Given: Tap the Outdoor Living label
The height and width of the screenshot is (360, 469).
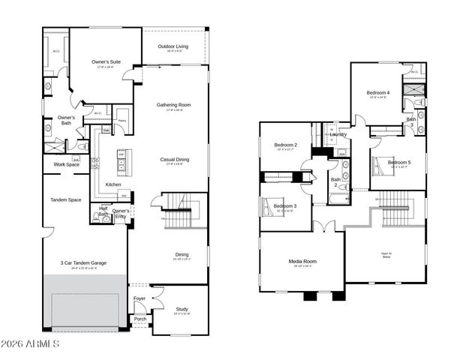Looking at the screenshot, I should coord(173,46).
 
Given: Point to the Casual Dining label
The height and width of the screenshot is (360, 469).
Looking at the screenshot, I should coord(174,159).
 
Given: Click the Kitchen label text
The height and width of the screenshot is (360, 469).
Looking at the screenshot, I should coord(113,184).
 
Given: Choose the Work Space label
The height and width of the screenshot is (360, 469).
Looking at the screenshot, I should coord(66,165).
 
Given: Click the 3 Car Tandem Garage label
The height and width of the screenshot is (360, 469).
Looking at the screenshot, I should coord(84,263).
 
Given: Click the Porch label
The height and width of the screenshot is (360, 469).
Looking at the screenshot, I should coord(140,319).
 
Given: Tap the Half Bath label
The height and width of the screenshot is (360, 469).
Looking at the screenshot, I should coord(104,211).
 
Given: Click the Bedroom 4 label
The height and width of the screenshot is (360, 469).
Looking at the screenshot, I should coord(379,92).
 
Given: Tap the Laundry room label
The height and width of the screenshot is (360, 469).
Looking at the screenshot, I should coord(338,134).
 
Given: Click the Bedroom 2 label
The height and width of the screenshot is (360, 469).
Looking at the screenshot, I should coord(285,145).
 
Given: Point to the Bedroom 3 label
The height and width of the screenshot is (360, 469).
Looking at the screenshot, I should coord(284,206).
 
